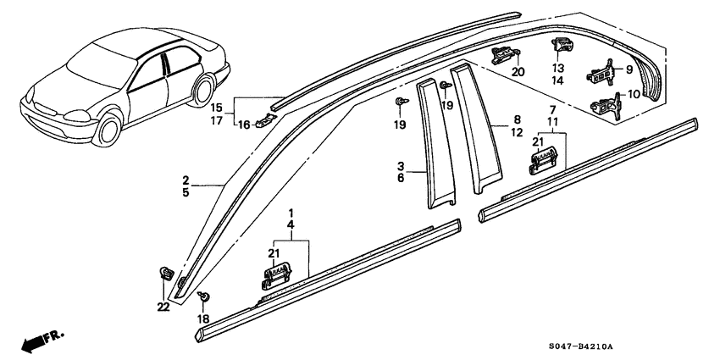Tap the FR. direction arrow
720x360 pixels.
pos(42,341)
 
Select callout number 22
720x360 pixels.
pos(163,307)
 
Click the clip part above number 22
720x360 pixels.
pos(166,274)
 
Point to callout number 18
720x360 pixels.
pos(203,318)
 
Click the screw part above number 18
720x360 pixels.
pos(203,296)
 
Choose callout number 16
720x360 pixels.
pos(244,124)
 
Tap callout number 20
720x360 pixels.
pos(518,72)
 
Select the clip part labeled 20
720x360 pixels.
pos(505,56)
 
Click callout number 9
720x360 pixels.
pos(629,69)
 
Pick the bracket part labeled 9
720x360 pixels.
pos(603,73)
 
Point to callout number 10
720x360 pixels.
pos(634,95)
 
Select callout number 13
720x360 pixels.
pos(558,68)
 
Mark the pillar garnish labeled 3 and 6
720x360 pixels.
pos(437,144)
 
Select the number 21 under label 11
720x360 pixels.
pos(537,141)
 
